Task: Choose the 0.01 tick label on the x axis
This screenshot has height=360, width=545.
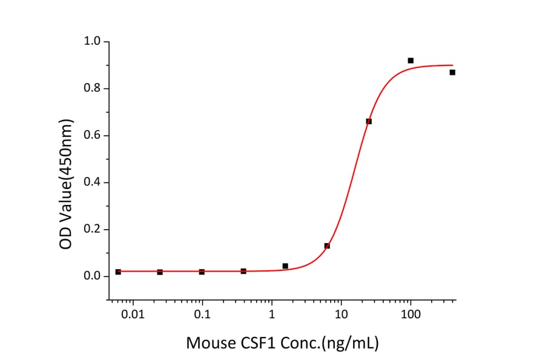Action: pos(133,315)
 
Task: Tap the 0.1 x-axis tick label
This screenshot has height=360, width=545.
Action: pos(202,315)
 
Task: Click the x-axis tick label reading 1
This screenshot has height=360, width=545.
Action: pos(272,315)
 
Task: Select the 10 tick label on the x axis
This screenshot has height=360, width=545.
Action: pos(342,315)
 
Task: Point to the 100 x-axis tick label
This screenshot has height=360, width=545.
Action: pos(411,315)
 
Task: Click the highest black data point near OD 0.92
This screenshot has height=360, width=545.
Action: pos(411,61)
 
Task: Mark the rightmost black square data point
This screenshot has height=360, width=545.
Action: pos(452,72)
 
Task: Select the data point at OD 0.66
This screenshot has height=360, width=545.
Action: pos(369,121)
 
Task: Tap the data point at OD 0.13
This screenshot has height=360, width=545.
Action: pos(327,245)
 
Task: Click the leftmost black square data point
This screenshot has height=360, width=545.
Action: pos(118,272)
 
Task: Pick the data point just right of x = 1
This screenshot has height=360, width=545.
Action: pos(285,266)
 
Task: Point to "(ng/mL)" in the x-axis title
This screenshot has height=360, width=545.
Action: pos(351,344)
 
